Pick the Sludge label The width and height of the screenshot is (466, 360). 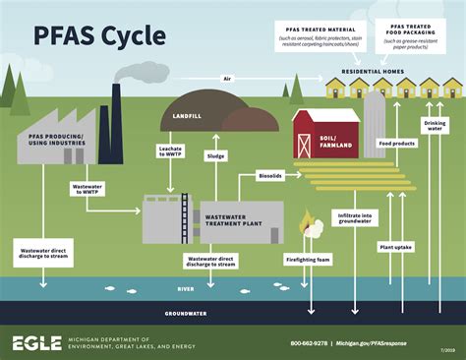[x=216, y=155]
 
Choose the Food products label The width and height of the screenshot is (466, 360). [x=397, y=143]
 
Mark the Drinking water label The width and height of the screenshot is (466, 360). [x=434, y=126]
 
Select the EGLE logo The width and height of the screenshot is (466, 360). [x=35, y=342]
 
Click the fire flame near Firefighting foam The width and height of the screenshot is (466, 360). [x=308, y=223]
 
